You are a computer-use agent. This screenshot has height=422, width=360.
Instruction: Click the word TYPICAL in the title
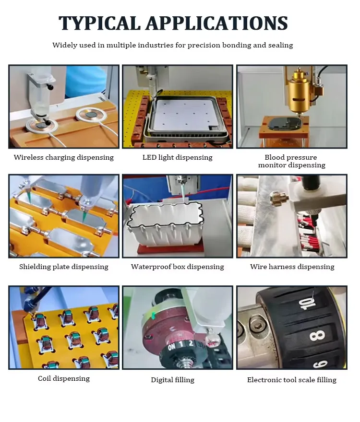click(x=100, y=23)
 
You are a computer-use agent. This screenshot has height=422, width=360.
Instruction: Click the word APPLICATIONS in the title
click(x=217, y=23)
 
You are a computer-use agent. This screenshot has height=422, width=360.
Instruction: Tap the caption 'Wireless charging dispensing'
click(x=63, y=157)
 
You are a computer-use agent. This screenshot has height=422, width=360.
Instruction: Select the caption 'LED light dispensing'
click(x=177, y=157)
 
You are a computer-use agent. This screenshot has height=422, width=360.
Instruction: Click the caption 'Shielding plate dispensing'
click(x=63, y=267)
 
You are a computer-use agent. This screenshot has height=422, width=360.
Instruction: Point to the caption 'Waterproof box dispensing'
click(x=177, y=267)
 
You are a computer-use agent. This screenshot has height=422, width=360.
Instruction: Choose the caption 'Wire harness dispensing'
click(x=292, y=267)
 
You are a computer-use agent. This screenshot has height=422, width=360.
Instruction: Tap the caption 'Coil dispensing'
click(x=63, y=378)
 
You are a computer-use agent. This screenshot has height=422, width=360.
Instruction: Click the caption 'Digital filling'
click(x=172, y=380)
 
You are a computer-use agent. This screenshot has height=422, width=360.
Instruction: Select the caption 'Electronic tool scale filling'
click(x=292, y=380)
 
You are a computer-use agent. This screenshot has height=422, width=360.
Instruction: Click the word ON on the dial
click(x=172, y=347)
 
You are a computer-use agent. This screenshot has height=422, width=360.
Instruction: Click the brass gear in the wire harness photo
click(x=277, y=199)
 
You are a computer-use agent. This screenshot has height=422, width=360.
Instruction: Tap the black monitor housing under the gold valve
click(x=285, y=124)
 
